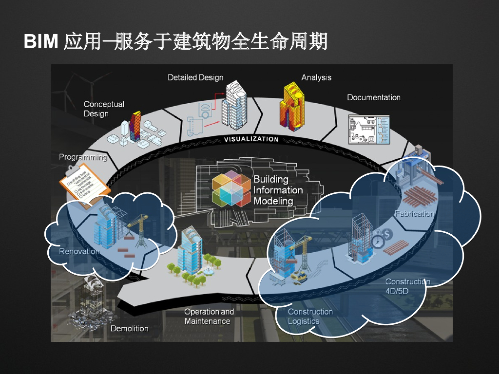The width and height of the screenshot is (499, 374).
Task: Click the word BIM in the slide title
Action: [x=41, y=42]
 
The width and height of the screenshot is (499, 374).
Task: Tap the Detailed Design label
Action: [x=195, y=77]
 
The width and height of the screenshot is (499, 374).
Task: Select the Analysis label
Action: [x=316, y=77]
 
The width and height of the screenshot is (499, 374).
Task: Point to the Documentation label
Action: [x=374, y=97]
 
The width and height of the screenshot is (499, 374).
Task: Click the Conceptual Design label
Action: [x=104, y=109]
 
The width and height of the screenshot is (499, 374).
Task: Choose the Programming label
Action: [x=83, y=157]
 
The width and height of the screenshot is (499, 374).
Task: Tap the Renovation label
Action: [x=79, y=251]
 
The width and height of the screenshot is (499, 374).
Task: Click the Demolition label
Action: [x=129, y=328]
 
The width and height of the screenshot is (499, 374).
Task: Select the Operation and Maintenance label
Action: [x=209, y=316]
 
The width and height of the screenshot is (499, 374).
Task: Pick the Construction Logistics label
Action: [x=310, y=316]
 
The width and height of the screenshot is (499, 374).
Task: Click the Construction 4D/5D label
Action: [x=407, y=286]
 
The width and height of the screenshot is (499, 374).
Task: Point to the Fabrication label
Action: [x=414, y=213]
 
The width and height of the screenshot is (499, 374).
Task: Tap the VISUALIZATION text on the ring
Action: [x=251, y=139]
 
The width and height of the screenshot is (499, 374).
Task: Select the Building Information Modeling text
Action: [x=278, y=190]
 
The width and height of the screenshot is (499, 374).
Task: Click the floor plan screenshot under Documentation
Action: [x=369, y=129]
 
